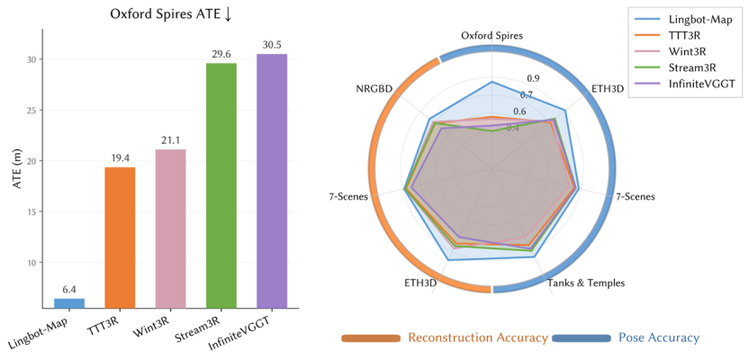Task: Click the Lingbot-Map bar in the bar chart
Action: click(x=69, y=303)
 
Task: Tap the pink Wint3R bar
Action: click(x=171, y=229)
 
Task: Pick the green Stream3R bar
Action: click(x=221, y=185)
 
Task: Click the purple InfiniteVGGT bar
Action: click(x=272, y=181)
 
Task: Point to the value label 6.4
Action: click(x=69, y=290)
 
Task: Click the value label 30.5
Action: click(x=272, y=45)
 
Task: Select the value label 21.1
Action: click(x=171, y=140)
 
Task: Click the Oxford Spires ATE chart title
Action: click(x=167, y=13)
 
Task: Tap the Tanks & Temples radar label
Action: click(x=586, y=283)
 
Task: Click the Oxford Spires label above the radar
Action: click(x=492, y=36)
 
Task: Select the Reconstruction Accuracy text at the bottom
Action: click(x=477, y=337)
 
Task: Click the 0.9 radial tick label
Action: click(x=534, y=78)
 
